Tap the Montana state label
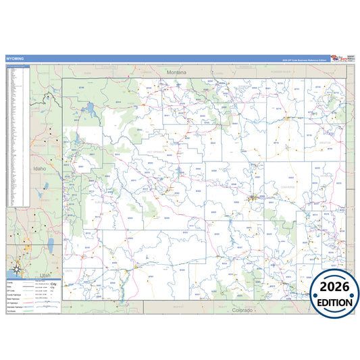176,72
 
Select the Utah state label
46,276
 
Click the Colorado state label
242,310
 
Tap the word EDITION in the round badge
335,303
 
